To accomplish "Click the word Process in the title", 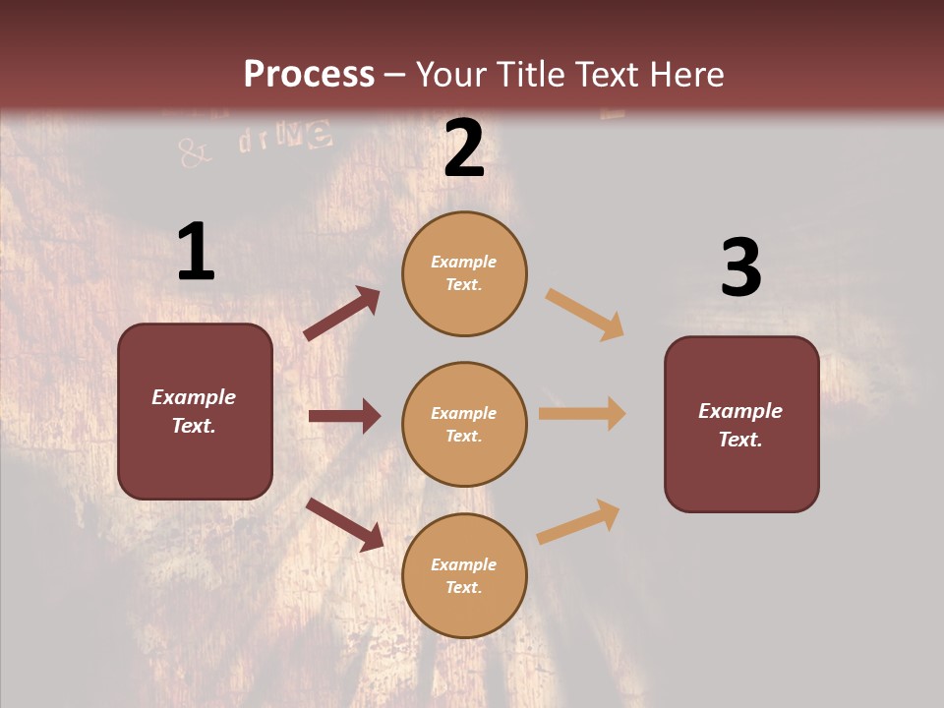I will (x=309, y=75).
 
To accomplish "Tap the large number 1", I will (x=196, y=252).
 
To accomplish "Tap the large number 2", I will (x=464, y=148).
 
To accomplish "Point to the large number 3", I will (x=740, y=268).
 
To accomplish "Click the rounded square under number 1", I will (x=195, y=411).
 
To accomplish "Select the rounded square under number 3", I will (x=741, y=424).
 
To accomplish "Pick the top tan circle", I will (x=464, y=272).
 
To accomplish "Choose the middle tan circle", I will (x=464, y=424).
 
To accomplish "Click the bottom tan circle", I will (x=464, y=575).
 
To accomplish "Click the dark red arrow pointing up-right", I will (x=341, y=314).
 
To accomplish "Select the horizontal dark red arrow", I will (x=344, y=416).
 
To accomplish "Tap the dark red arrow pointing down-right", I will (x=344, y=524).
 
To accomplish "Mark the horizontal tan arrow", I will (x=581, y=414).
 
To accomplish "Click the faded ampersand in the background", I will (x=195, y=152).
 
